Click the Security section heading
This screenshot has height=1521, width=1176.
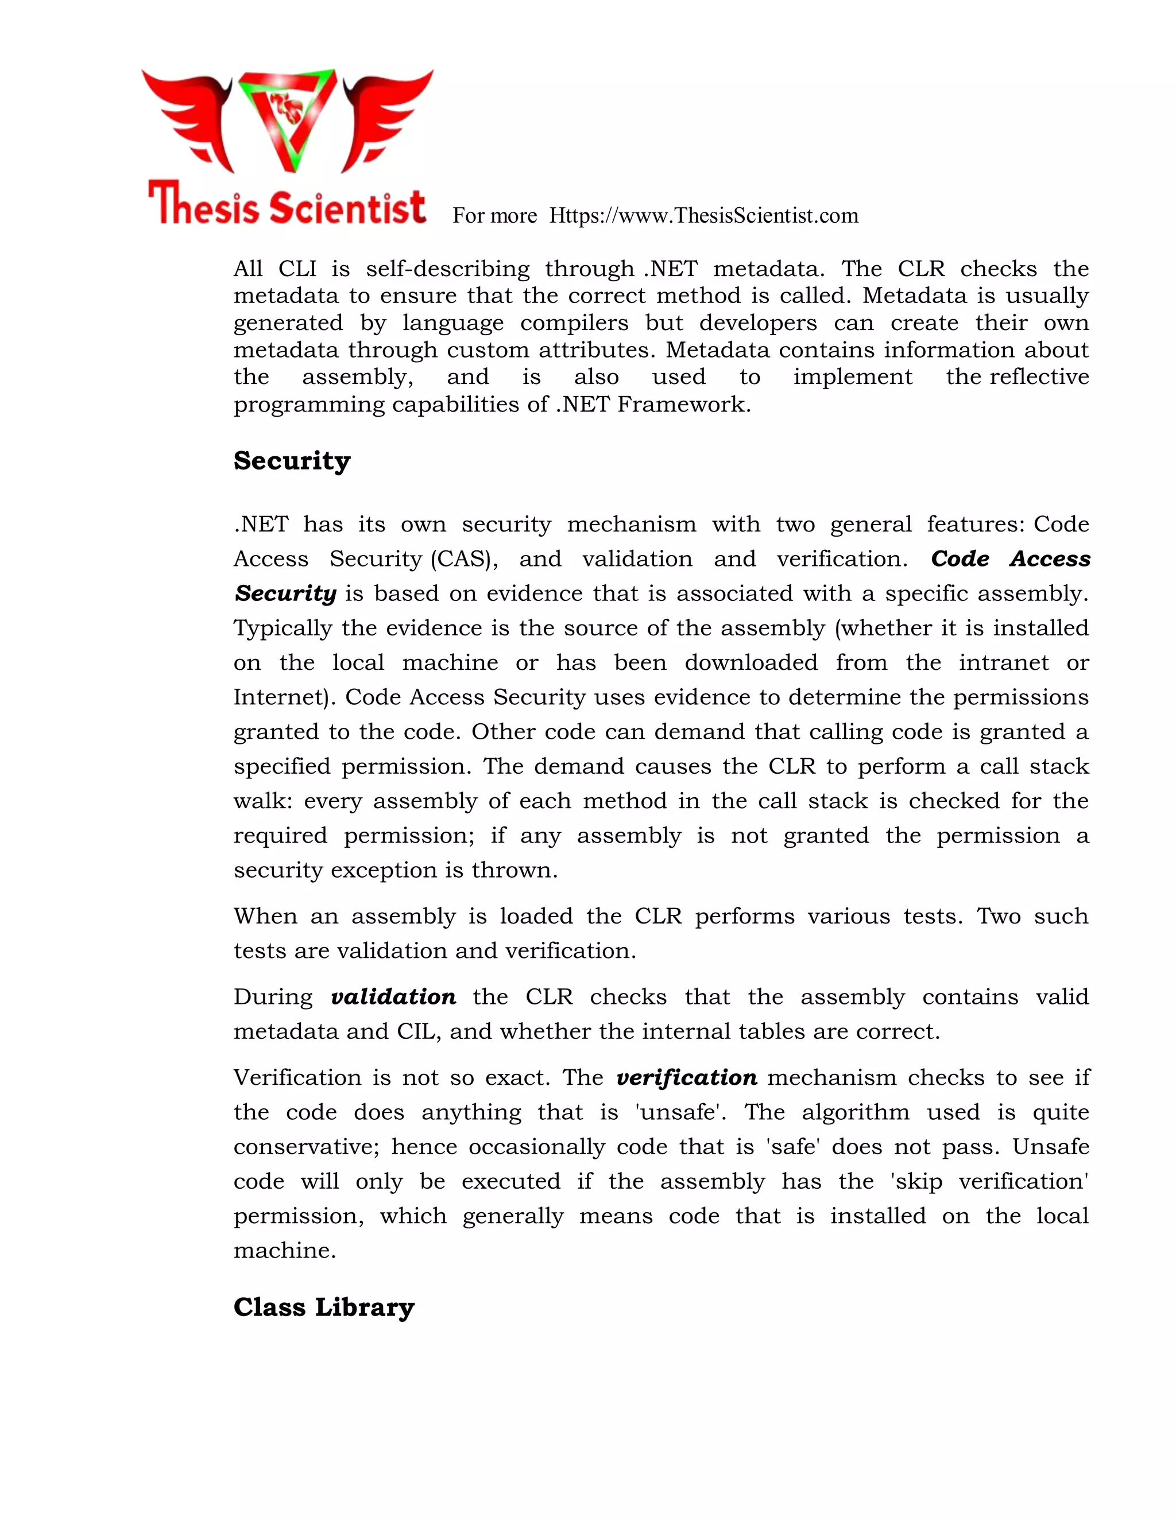(x=292, y=461)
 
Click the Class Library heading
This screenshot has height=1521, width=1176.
(x=324, y=1307)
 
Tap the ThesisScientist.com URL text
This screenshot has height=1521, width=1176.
(x=703, y=216)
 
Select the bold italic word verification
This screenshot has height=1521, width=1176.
(x=687, y=1077)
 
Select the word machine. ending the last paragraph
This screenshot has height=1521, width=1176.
(x=284, y=1251)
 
